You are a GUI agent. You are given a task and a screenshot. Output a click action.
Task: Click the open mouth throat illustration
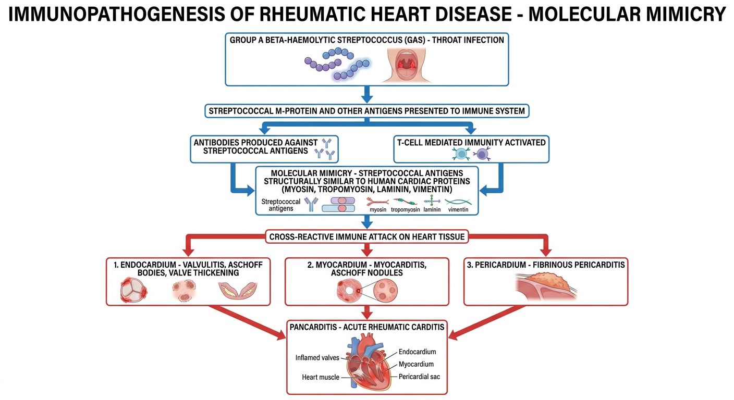pos(406,65)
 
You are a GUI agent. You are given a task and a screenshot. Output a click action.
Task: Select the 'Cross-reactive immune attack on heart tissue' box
pos(367,236)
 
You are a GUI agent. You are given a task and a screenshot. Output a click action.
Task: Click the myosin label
pos(378,209)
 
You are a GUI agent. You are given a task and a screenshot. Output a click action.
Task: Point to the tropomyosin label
pos(406,209)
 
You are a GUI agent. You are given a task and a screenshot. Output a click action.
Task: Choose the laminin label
pos(432,209)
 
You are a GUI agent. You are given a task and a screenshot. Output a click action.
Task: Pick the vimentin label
pos(458,209)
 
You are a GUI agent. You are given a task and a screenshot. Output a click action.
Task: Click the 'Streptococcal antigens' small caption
pos(281,205)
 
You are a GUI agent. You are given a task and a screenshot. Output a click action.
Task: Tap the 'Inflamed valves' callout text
pos(317,358)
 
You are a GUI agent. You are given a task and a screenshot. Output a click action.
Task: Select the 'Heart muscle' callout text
pos(321,377)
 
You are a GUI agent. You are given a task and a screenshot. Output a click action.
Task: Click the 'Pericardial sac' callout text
pos(419,377)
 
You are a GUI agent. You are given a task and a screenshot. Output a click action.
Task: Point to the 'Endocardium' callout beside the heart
pos(417,352)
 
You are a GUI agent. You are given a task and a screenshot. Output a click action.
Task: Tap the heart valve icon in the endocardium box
pos(133,290)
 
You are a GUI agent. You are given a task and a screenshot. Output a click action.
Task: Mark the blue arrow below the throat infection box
pos(367,94)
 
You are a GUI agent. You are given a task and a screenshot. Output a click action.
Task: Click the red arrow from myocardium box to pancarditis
pos(367,312)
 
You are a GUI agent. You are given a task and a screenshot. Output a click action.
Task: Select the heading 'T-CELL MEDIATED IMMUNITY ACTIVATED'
pos(471,142)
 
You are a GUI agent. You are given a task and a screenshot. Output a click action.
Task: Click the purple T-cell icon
pos(482,154)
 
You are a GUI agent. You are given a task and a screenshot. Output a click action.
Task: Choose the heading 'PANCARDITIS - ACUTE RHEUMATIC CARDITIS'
pos(367,327)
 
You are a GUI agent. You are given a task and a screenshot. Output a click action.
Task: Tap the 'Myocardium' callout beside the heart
pos(416,364)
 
